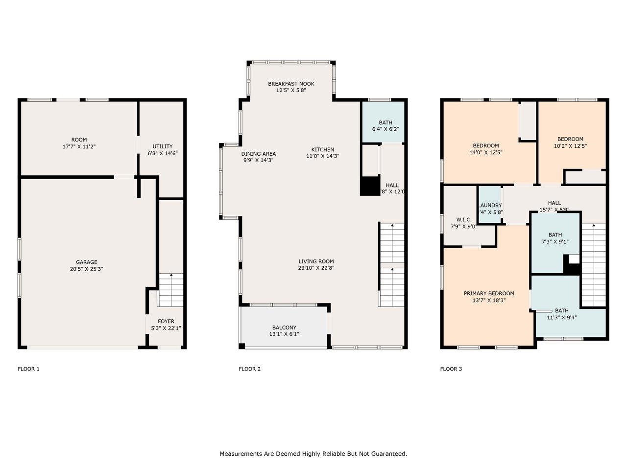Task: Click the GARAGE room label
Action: (x=86, y=262)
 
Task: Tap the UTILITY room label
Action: (x=162, y=146)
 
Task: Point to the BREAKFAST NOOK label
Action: (x=291, y=84)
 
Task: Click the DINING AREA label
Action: (x=258, y=154)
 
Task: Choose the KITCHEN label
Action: (x=322, y=150)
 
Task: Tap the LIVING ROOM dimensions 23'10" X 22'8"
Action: (x=316, y=268)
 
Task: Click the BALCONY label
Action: (x=284, y=328)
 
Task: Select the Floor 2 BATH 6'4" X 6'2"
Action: (x=385, y=126)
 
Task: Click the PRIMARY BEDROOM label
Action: (x=489, y=293)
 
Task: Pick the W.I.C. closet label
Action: (x=463, y=219)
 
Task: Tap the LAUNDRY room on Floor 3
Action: (x=489, y=206)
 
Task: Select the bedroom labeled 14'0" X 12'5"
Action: (x=485, y=149)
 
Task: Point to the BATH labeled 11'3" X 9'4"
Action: (x=561, y=314)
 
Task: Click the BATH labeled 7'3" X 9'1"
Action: (x=555, y=238)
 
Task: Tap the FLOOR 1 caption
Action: (x=28, y=369)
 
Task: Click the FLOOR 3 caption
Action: (x=451, y=369)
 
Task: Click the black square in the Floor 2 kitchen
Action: (x=370, y=187)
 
